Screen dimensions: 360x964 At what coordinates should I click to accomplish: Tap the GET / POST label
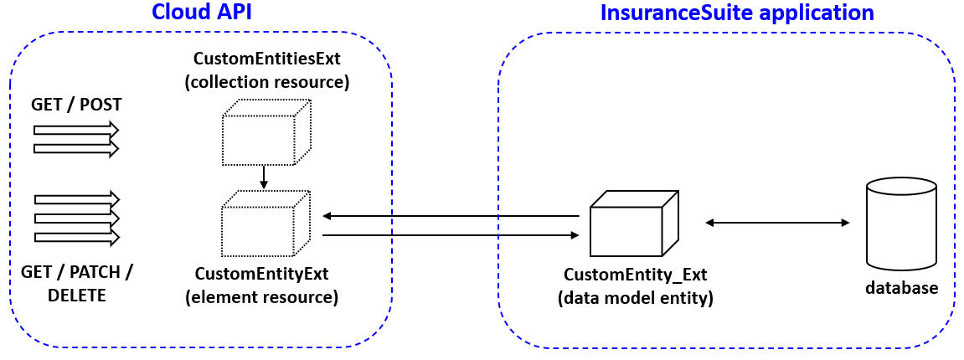(76, 105)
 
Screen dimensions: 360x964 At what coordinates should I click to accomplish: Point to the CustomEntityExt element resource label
(266, 285)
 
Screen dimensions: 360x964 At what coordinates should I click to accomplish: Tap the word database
(901, 288)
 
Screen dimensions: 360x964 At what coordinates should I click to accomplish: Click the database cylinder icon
(901, 222)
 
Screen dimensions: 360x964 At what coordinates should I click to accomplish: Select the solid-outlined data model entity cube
(633, 224)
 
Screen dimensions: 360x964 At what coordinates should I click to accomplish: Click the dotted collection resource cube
(265, 132)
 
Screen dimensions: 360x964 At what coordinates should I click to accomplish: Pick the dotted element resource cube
(265, 223)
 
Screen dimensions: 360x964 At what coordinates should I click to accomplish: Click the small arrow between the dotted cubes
(264, 177)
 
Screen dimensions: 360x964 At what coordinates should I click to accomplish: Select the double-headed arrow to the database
(777, 223)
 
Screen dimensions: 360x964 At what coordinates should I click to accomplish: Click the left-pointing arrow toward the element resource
(451, 216)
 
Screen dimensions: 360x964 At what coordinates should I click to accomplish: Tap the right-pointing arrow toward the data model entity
(451, 236)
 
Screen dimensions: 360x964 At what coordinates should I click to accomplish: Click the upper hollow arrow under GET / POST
(76, 130)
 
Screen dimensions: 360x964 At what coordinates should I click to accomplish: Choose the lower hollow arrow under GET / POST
(76, 148)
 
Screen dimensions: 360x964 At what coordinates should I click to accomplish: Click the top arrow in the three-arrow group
(76, 199)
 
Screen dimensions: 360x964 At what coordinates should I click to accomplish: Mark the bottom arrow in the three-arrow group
(76, 236)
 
